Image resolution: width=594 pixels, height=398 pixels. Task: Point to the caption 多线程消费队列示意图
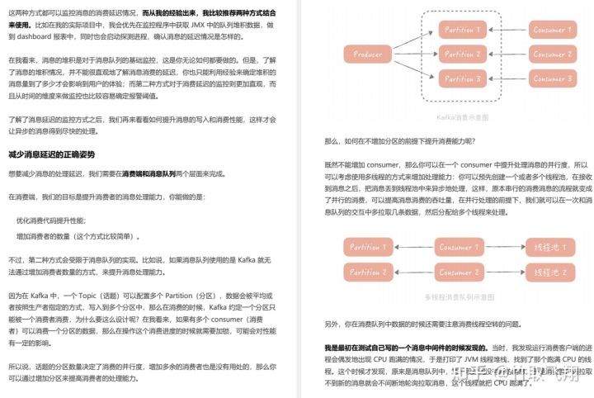(x=456, y=296)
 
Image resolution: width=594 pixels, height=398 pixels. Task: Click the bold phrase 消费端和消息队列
(x=148, y=174)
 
